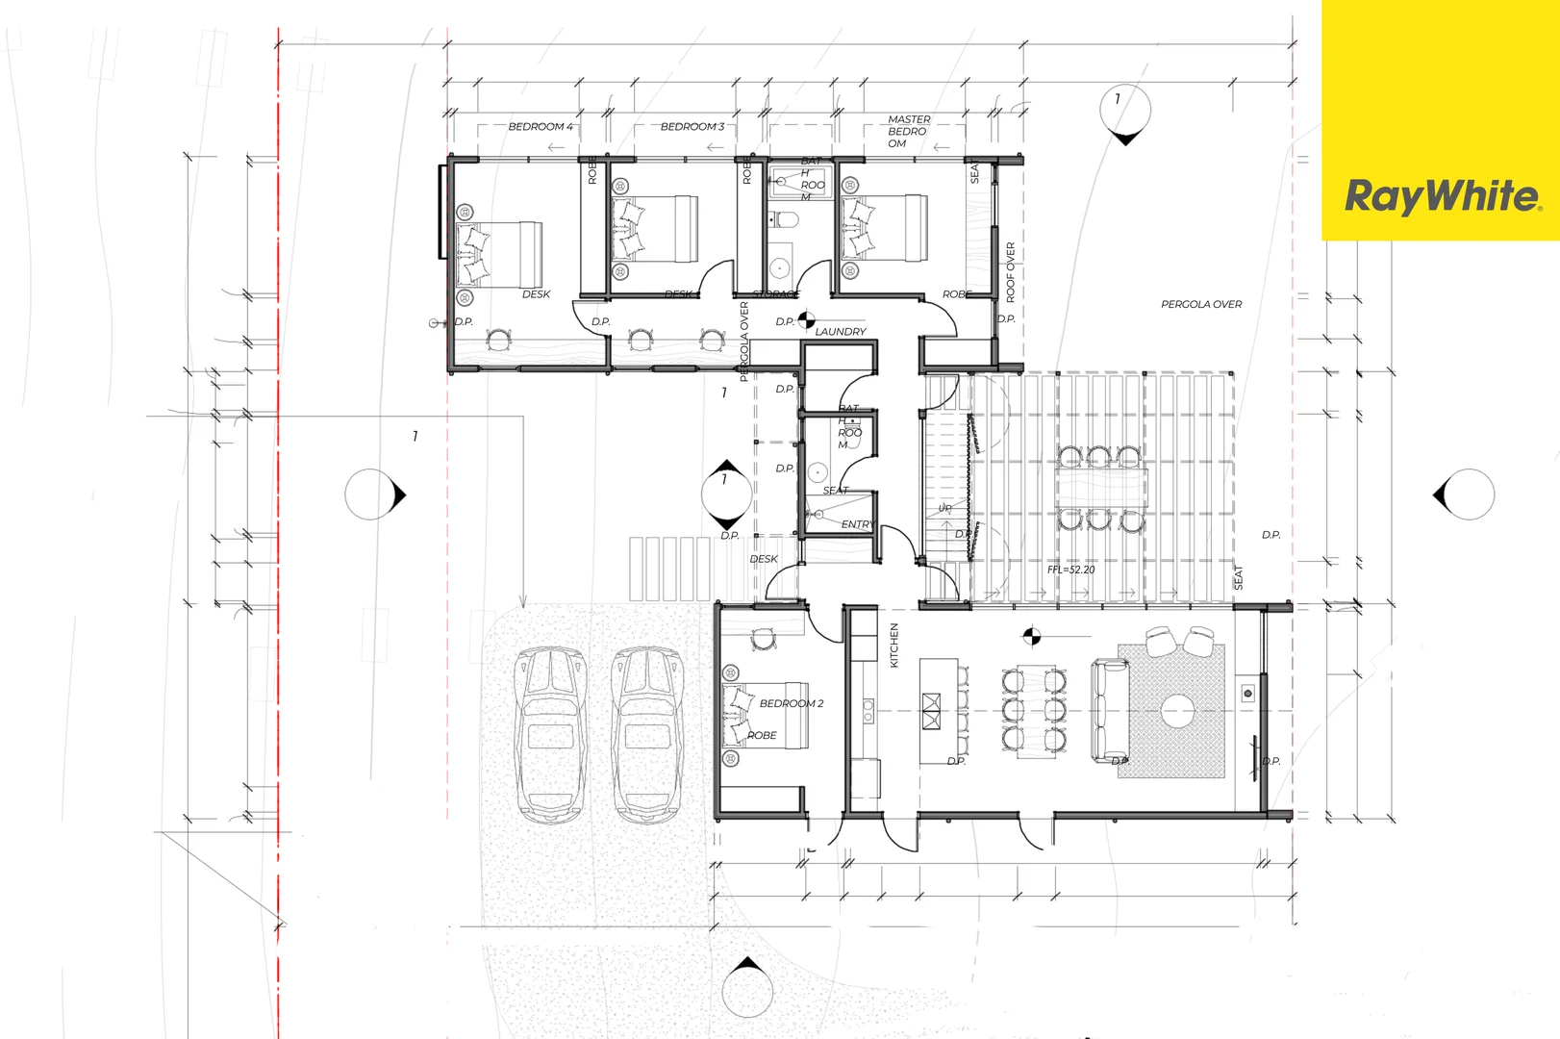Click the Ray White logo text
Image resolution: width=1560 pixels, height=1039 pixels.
coord(1441,196)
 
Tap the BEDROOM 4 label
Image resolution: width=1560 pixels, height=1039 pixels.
coord(540,127)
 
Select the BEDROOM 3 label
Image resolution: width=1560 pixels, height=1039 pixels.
coord(692,127)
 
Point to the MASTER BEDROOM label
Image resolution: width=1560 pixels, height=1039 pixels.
coord(907,132)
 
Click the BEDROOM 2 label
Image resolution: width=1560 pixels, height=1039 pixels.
coord(791,703)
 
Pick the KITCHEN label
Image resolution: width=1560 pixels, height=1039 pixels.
coord(893,645)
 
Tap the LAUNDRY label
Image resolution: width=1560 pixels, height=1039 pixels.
coord(840,332)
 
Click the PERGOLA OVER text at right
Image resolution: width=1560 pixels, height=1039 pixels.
coord(1200,304)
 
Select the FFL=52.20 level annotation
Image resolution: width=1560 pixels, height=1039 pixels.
coord(1070,570)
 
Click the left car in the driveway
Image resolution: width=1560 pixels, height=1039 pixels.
coord(550,733)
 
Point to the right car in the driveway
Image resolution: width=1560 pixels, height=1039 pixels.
coord(648,733)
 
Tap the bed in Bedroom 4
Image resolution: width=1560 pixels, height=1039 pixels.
coord(501,254)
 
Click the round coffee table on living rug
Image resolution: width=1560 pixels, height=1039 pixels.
coord(1176,712)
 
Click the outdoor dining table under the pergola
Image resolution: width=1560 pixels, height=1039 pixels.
coord(1101,488)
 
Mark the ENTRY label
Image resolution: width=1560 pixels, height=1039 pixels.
coord(857,524)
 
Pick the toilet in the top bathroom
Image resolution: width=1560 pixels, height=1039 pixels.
coord(786,220)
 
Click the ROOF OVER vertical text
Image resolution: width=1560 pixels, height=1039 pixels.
coord(1010,271)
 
